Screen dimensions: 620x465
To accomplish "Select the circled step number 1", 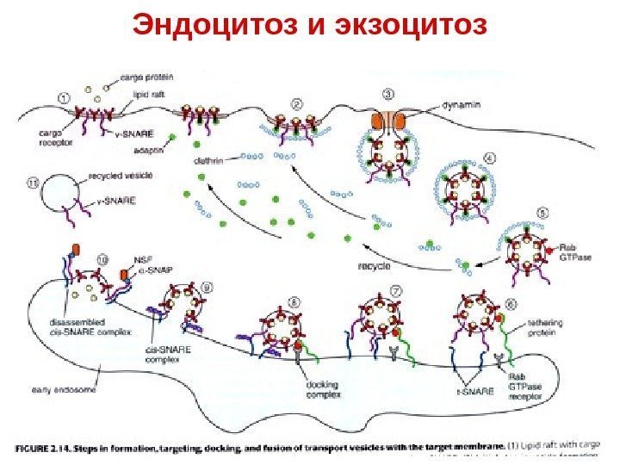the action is tap(65, 98).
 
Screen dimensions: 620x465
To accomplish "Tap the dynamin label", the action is tap(460, 103).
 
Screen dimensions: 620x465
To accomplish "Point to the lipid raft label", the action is tap(150, 95).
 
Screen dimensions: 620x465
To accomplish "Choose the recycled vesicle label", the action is tap(121, 175).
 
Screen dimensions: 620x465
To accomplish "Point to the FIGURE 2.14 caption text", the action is tap(258, 445).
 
